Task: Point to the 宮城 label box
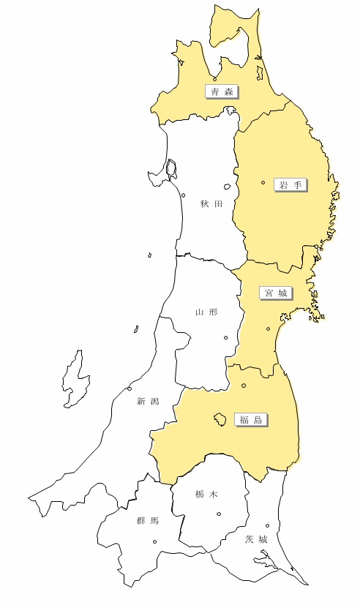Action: click(276, 293)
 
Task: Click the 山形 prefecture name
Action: click(206, 312)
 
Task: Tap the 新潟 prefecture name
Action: click(147, 401)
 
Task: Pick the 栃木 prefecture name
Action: click(206, 495)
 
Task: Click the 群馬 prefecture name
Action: click(147, 521)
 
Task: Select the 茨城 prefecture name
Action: click(256, 539)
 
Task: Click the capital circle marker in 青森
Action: click(214, 79)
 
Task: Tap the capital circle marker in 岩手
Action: click(263, 182)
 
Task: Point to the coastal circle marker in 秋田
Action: click(183, 195)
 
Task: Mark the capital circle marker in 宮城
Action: click(269, 329)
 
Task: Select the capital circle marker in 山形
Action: click(225, 337)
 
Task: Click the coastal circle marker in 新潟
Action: click(130, 388)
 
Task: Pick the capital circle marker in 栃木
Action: click(219, 514)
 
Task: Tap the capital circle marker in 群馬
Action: click(154, 542)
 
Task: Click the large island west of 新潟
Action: click(72, 380)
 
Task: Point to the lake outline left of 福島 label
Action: click(218, 419)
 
